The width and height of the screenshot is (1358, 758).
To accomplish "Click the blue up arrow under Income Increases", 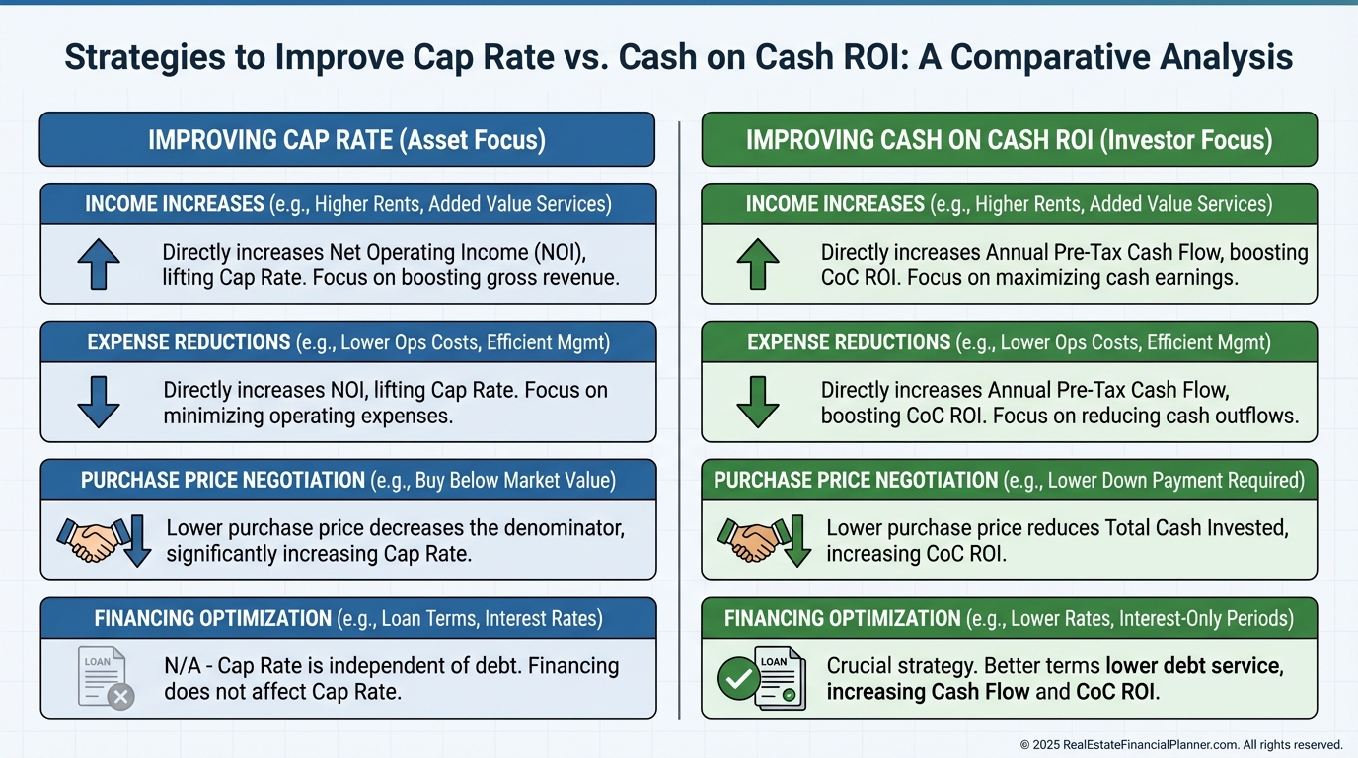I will point(99,265).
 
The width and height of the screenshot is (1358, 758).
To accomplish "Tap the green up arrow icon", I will point(758,265).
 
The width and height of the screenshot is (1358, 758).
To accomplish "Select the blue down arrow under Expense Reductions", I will point(99,402).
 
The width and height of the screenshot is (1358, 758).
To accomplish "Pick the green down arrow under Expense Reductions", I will point(758,402).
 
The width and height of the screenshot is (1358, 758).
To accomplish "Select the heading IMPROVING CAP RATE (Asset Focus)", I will point(346,139).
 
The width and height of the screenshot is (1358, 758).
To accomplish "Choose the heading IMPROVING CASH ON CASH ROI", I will point(1009,139).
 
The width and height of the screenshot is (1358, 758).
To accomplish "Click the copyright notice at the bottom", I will point(1180,745).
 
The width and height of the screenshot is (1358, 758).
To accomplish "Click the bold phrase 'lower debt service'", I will point(1193,666).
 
